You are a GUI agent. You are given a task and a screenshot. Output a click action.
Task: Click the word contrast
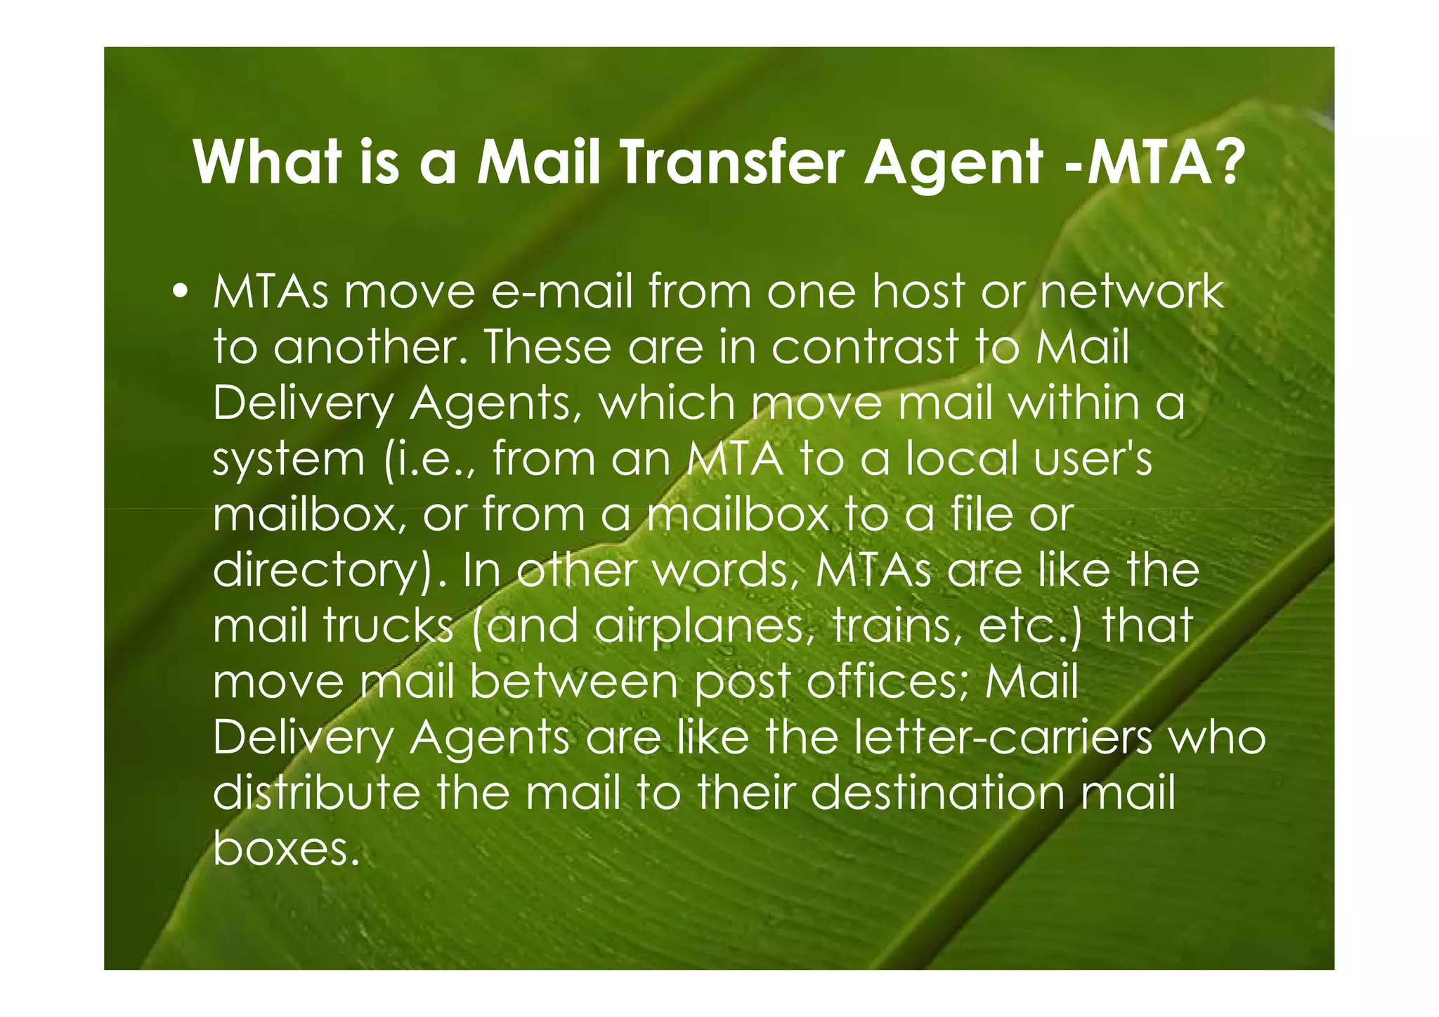(x=866, y=346)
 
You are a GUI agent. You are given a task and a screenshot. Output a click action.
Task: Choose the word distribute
(x=316, y=793)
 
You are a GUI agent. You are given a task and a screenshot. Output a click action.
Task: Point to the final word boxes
(x=280, y=849)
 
